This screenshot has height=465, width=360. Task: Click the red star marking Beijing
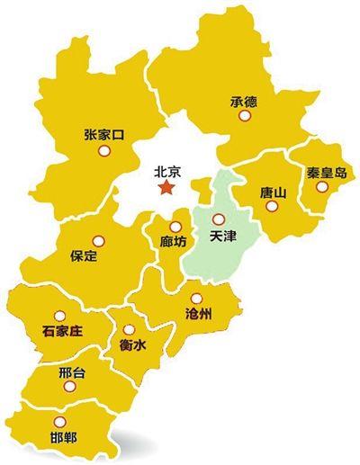point(166,187)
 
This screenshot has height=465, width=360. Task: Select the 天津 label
point(220,237)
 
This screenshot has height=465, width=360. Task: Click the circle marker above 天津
point(216,217)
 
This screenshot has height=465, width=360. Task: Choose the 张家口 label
point(102,135)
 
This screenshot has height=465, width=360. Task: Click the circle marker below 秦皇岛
point(322,187)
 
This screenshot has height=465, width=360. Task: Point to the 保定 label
point(83,257)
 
